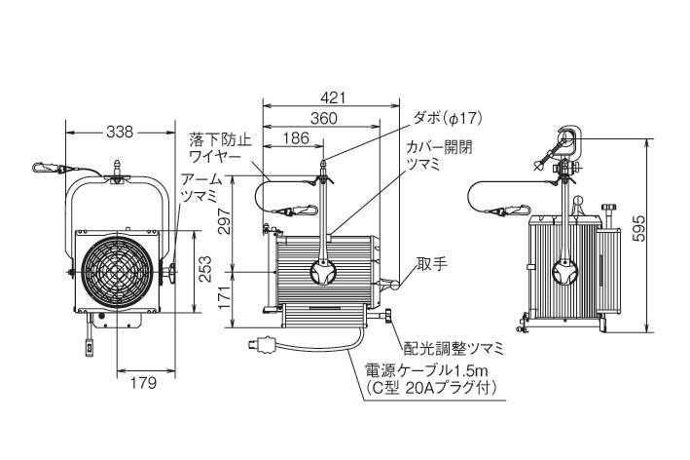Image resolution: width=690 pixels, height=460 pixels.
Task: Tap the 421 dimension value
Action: point(333,97)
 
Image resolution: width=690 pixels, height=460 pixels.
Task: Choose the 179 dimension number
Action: point(145,383)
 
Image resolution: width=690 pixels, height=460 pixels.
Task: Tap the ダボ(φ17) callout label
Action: point(449,118)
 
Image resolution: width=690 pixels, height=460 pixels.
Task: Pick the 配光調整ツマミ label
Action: point(453,348)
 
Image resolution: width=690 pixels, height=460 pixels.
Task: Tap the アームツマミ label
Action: point(201,188)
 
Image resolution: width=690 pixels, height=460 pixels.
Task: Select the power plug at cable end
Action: point(264,343)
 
